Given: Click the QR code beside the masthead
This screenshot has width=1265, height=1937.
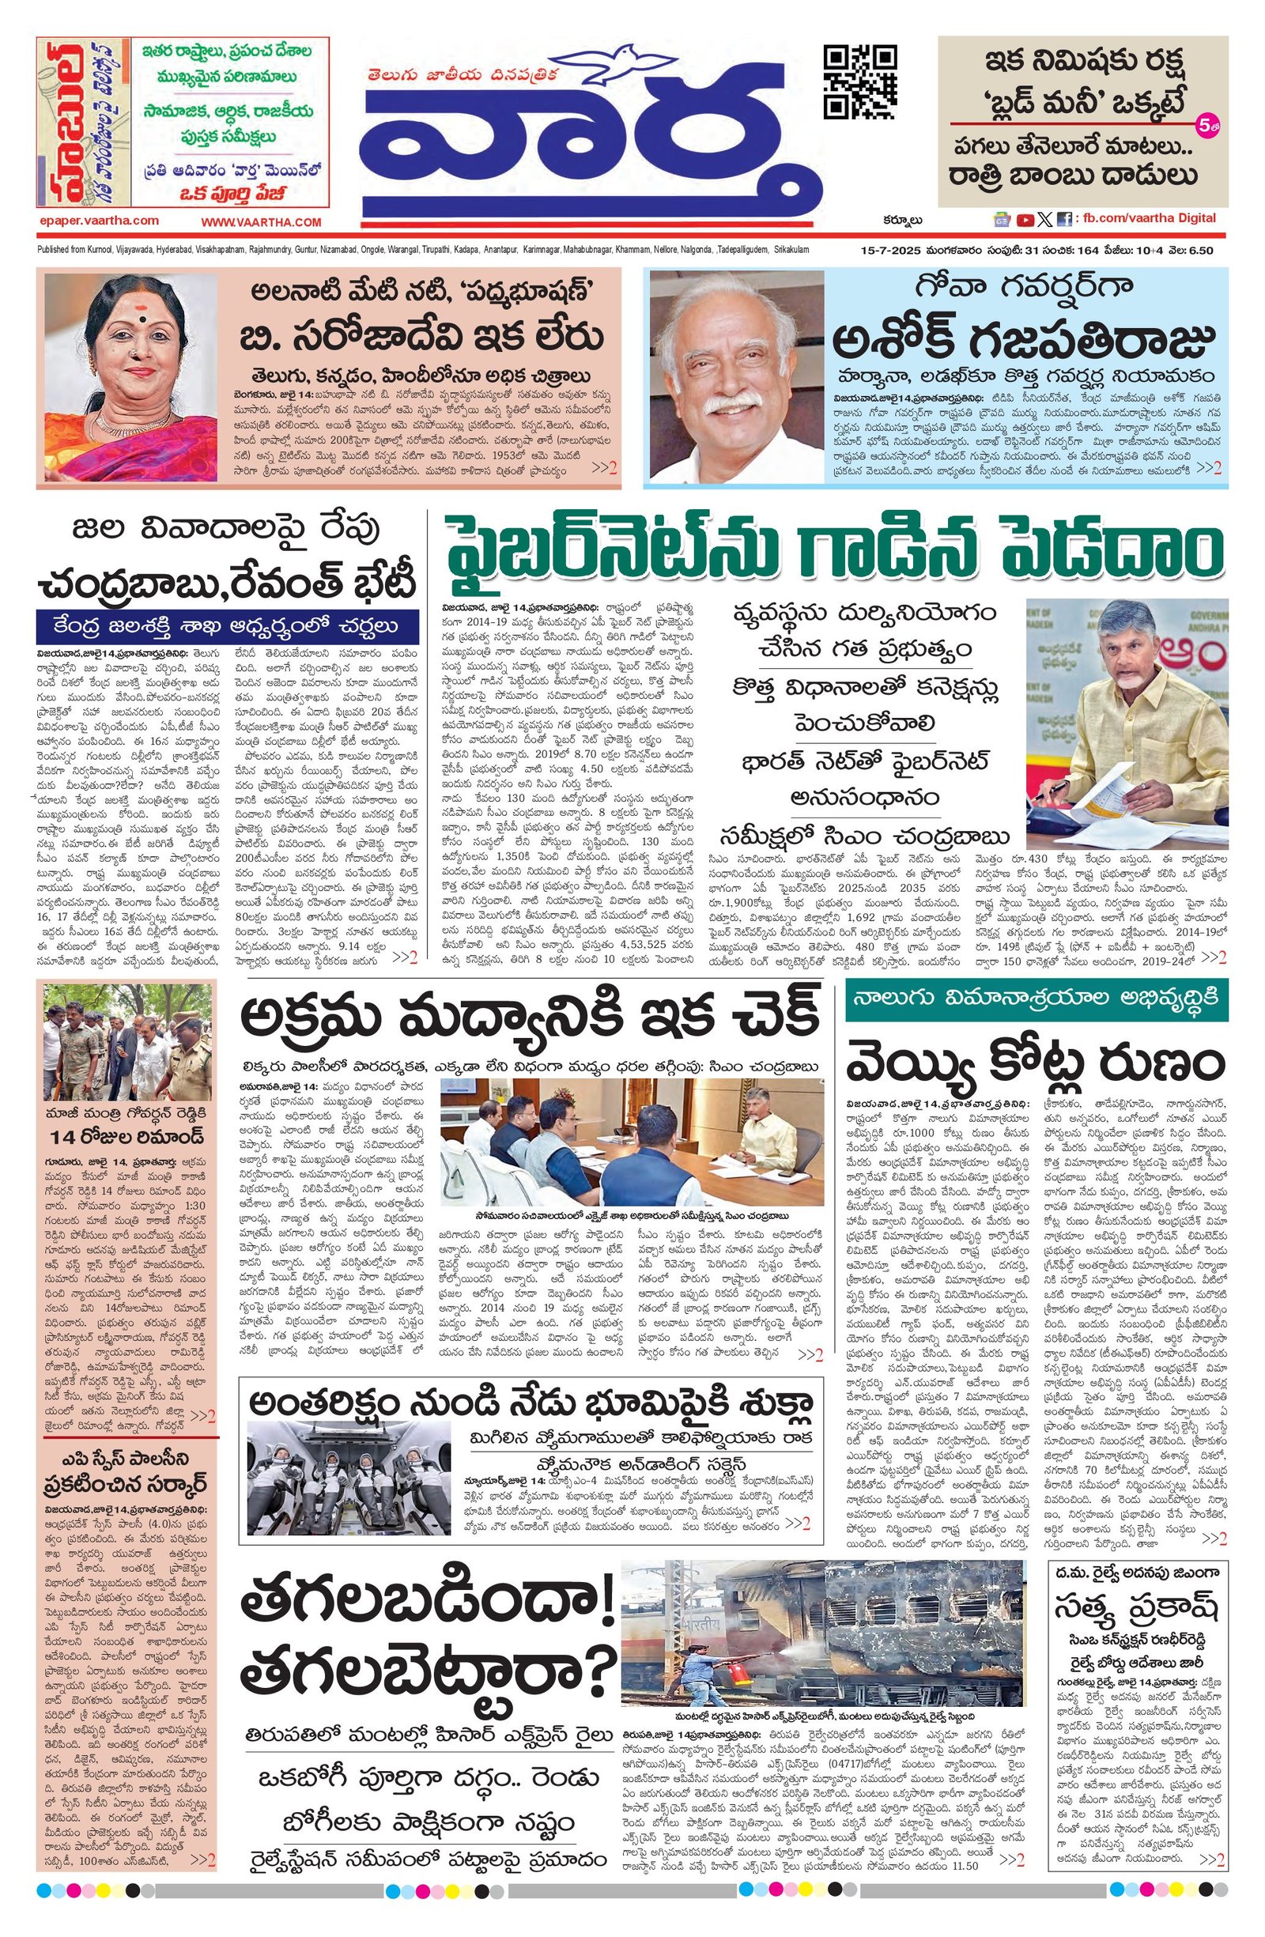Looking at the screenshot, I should tap(861, 83).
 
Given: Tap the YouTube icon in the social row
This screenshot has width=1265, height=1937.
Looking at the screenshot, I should tap(1025, 219).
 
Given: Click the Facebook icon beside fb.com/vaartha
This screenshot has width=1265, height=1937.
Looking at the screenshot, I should tap(1064, 219).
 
